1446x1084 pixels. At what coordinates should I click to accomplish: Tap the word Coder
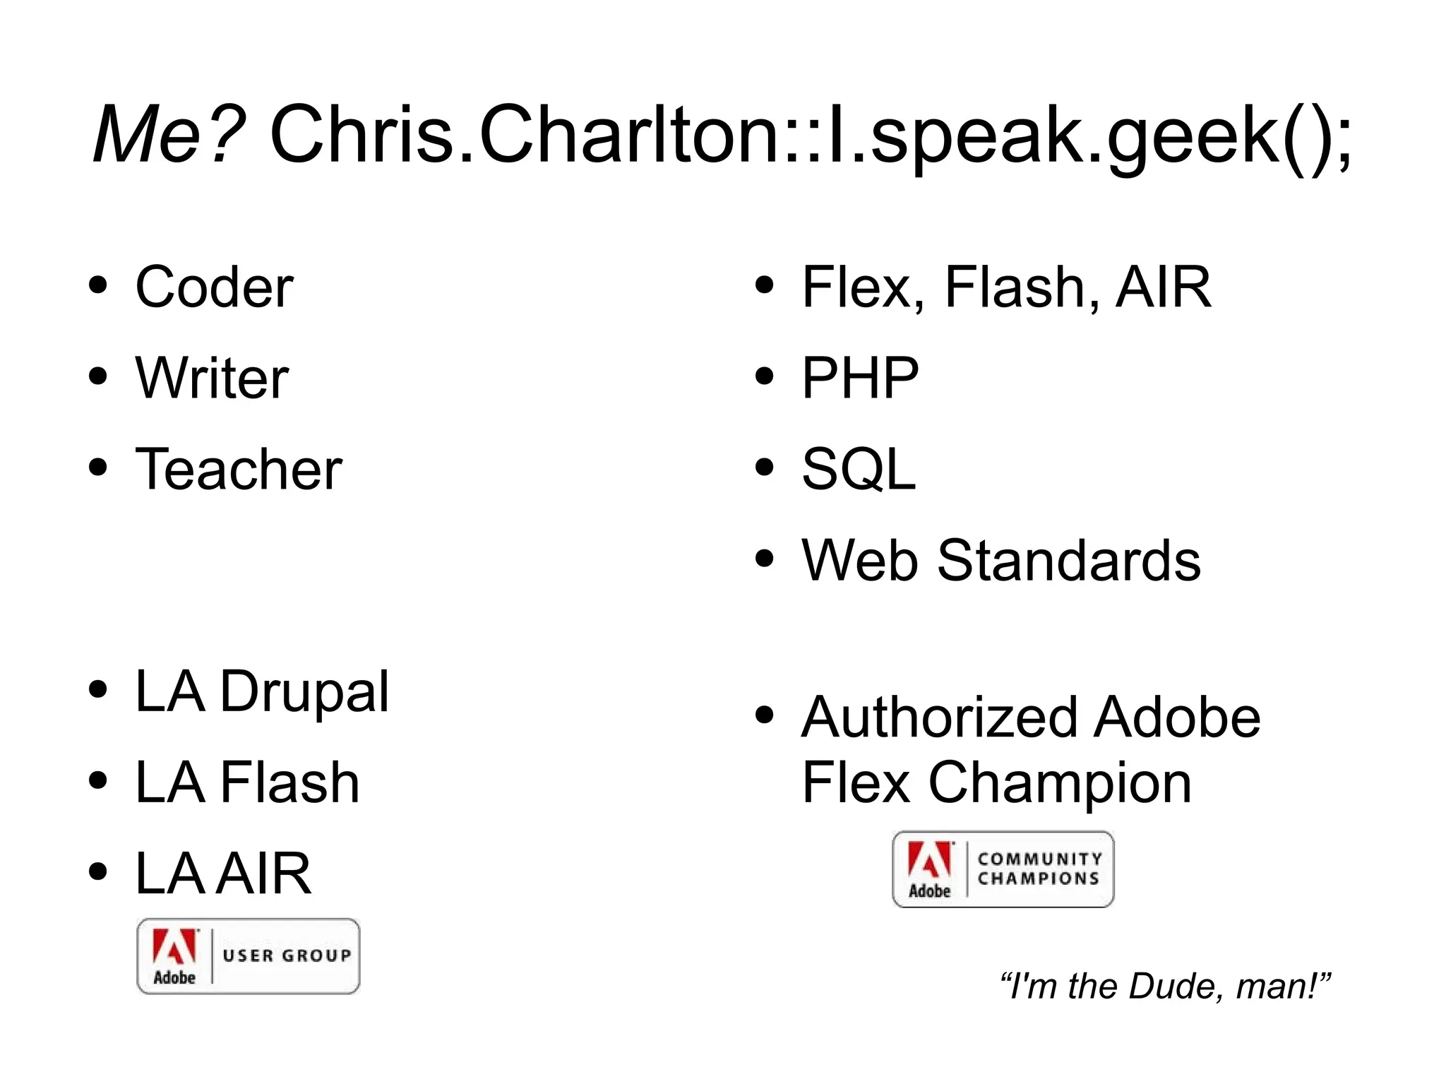click(214, 287)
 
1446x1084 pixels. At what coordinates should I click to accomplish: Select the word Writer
click(212, 378)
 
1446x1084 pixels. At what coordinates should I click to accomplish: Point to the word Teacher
click(239, 469)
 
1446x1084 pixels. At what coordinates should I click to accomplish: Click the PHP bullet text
click(860, 378)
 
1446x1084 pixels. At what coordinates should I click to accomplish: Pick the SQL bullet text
click(859, 469)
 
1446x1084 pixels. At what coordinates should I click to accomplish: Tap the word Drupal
click(304, 691)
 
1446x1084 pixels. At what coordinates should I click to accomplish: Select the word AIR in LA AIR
click(263, 874)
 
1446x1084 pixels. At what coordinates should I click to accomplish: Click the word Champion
click(1060, 782)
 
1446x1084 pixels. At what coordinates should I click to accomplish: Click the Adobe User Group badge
click(249, 956)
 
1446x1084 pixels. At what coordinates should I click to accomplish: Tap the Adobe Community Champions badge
click(1003, 869)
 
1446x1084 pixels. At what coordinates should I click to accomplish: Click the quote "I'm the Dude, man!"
click(1166, 986)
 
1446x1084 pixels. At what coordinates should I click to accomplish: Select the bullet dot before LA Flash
click(98, 781)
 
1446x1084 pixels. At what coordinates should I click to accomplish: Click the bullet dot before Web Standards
click(764, 559)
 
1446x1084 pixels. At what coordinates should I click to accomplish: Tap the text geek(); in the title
click(1229, 136)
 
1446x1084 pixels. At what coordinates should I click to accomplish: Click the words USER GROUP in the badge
click(287, 955)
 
